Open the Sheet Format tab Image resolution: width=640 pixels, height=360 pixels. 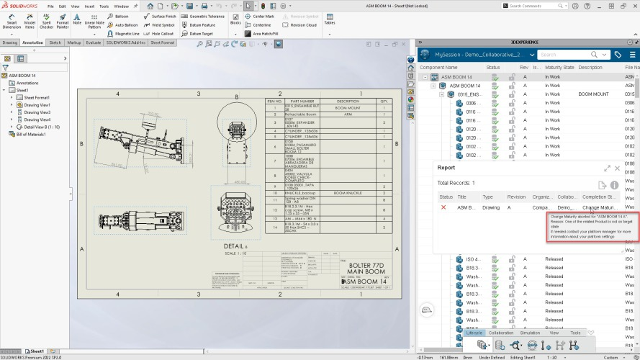point(163,42)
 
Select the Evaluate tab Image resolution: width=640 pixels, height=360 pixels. point(94,42)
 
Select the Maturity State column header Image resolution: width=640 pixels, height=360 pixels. point(559,67)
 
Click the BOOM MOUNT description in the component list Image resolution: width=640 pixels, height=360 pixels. point(593,94)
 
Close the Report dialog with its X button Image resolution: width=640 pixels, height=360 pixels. point(617,168)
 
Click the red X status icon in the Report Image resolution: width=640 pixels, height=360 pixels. point(443,207)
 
